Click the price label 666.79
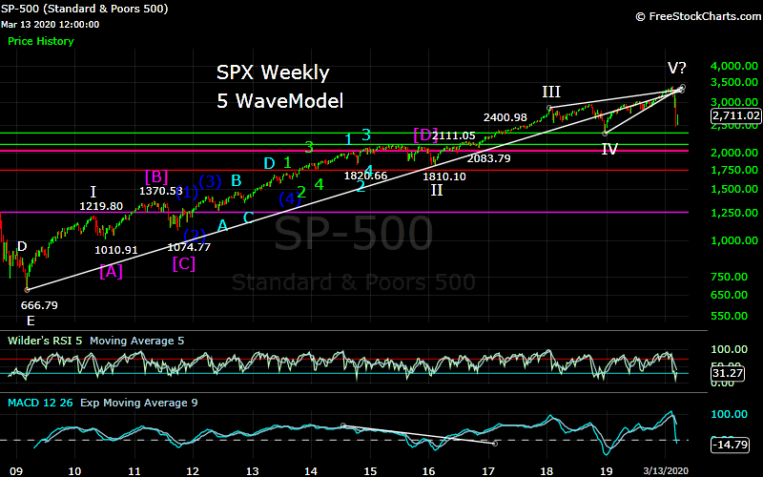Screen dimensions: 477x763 click(39, 305)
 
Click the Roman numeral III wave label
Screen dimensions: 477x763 click(551, 92)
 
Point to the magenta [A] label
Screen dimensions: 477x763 click(111, 272)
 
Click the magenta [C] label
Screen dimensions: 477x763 click(184, 264)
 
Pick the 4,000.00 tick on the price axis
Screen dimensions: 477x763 click(735, 66)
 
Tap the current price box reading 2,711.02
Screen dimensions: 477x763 click(735, 115)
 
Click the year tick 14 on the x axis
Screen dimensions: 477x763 click(310, 470)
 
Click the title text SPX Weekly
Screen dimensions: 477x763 click(272, 73)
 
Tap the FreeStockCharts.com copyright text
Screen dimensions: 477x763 click(693, 16)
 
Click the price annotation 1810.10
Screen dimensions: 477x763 click(444, 176)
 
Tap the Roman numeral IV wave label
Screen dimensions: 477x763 click(608, 149)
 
